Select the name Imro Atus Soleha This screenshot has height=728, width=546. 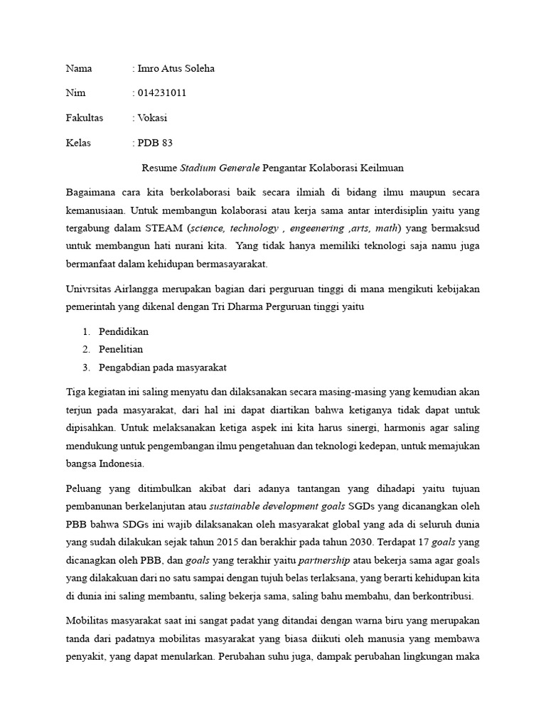175,69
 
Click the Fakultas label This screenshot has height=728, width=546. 85,117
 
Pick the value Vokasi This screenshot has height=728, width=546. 152,117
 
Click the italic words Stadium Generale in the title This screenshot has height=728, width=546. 220,168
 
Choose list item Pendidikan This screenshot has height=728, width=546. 124,332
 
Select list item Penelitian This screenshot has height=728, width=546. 121,349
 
